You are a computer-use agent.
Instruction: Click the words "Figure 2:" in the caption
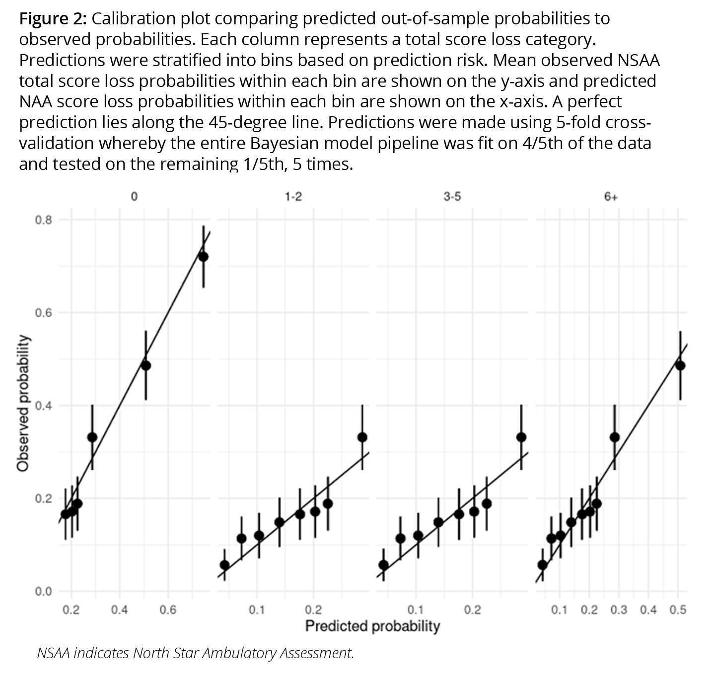point(53,19)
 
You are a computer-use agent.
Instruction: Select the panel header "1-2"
point(293,197)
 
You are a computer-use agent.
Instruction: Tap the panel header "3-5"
point(452,197)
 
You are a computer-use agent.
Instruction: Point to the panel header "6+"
point(611,197)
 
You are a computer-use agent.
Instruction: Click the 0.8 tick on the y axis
point(44,220)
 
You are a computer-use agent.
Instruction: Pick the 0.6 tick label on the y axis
point(44,313)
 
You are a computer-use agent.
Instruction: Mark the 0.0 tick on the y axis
point(44,591)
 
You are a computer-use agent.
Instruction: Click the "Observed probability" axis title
point(22,403)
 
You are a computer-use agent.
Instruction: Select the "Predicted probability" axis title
point(372,626)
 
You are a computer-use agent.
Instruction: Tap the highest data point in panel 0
point(203,256)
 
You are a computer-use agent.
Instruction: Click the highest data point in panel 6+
point(680,365)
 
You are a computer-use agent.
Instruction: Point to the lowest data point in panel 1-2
point(224,565)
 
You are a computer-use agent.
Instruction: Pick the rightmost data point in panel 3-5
point(521,437)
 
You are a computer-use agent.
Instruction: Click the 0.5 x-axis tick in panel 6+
point(678,610)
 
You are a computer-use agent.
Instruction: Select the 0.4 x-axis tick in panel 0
point(119,610)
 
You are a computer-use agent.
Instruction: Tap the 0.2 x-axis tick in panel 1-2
point(313,610)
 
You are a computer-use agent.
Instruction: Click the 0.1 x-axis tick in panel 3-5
point(415,610)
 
